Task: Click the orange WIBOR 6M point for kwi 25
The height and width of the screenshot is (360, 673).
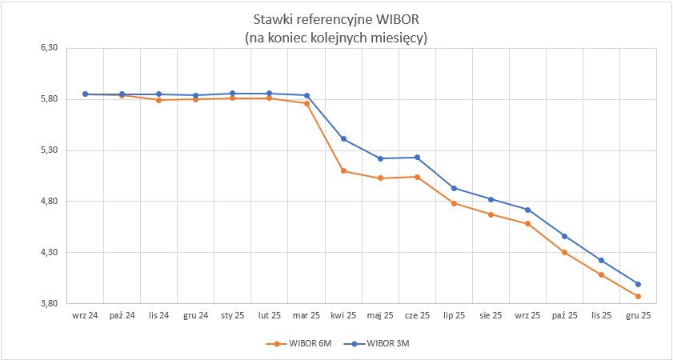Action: tap(343, 171)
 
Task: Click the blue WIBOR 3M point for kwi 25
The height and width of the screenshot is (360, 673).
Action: tap(343, 139)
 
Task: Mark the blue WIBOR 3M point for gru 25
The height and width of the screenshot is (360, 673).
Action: tap(638, 284)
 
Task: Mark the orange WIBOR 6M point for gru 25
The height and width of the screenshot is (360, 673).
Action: tap(638, 297)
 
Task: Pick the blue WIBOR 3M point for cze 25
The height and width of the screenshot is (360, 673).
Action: tap(417, 158)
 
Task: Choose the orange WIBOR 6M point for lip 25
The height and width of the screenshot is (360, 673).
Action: tap(454, 203)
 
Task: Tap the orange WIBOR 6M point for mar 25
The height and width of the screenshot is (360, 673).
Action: tap(306, 103)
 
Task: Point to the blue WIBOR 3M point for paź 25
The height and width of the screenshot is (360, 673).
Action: tap(564, 236)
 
